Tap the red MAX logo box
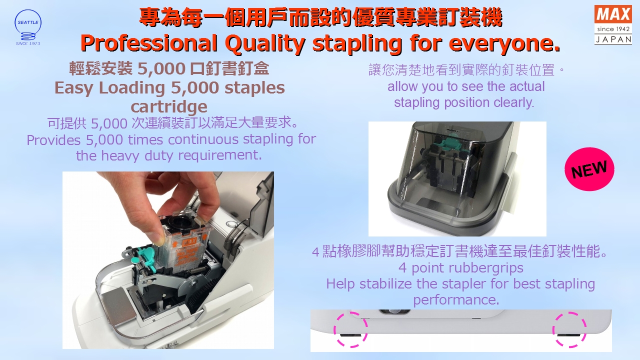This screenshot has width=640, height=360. (x=613, y=14)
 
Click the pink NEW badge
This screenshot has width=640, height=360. (x=589, y=169)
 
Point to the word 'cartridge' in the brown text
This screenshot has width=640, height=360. (x=169, y=107)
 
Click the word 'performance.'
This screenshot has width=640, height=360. (x=456, y=300)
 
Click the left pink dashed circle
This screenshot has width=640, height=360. (x=350, y=329)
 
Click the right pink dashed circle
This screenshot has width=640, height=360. (x=569, y=329)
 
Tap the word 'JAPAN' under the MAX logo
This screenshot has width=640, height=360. (x=613, y=39)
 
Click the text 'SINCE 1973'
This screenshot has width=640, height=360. (x=28, y=43)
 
